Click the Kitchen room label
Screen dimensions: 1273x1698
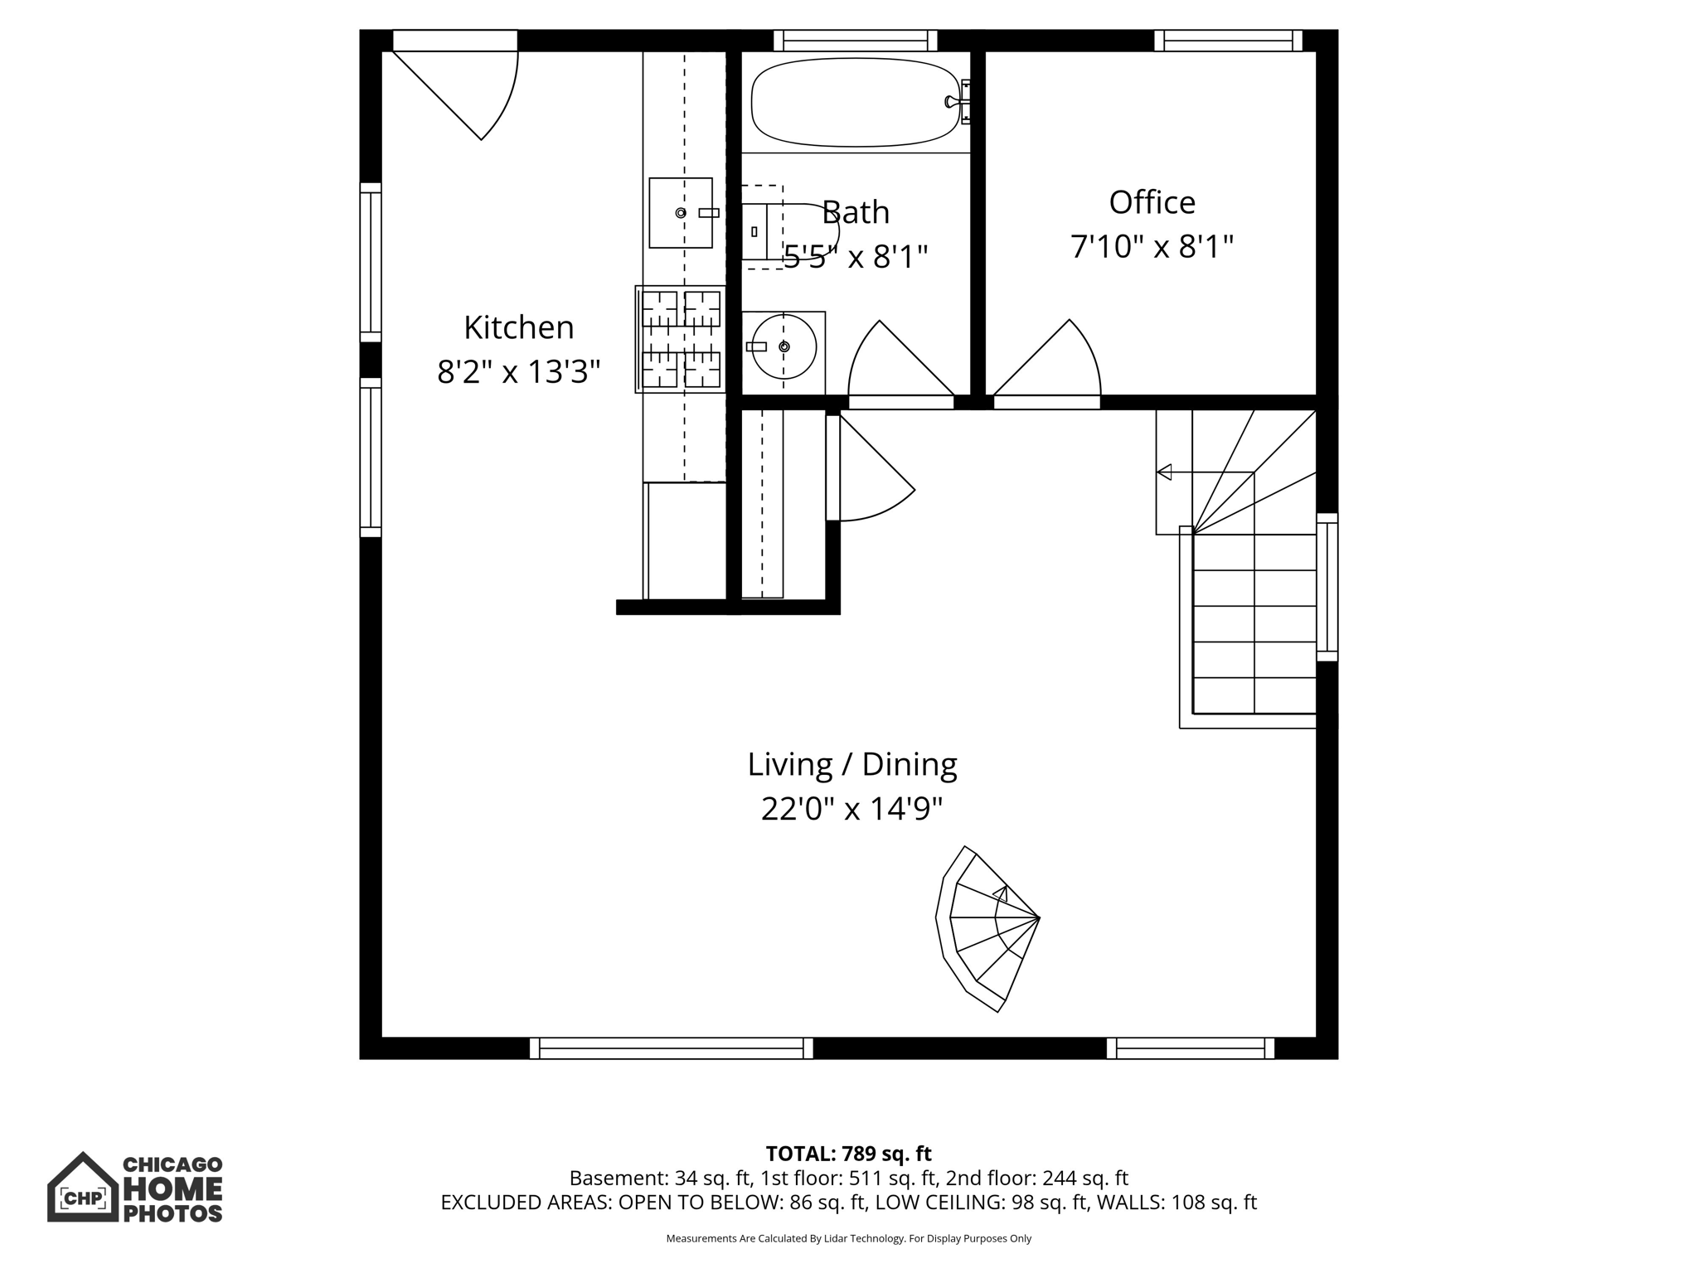518,327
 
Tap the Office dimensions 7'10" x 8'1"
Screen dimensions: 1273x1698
1152,247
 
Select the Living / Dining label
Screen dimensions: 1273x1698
851,764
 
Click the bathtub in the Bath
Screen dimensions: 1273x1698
855,102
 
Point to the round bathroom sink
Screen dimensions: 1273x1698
783,346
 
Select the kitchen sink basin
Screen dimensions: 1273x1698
680,213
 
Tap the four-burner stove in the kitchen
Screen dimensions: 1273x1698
681,339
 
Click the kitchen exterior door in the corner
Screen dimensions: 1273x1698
464,87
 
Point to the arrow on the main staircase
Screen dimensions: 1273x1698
1164,472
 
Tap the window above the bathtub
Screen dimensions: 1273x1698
855,41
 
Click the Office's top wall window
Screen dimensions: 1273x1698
1228,41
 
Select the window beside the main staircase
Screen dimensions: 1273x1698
1327,587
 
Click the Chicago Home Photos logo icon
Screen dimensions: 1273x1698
82,1187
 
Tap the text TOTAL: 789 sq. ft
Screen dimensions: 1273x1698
848,1154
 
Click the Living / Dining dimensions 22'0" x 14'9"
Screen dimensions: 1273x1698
851,808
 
